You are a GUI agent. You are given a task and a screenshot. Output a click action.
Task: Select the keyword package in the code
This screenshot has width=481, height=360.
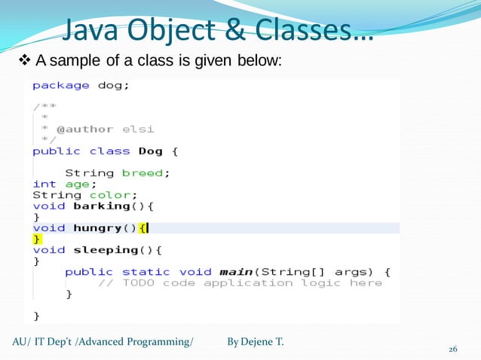(60, 85)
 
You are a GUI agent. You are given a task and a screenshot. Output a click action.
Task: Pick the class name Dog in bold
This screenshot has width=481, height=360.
(151, 151)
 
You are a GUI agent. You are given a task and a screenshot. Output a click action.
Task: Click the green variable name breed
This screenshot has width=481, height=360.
(142, 172)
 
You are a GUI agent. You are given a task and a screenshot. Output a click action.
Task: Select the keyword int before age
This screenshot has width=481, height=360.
(44, 184)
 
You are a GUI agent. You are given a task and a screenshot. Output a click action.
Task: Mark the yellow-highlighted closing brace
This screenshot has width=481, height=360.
(36, 239)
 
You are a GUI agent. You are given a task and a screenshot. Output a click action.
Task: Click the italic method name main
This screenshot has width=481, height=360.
(235, 271)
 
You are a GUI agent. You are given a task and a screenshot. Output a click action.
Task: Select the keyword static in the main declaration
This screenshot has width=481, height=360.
(146, 271)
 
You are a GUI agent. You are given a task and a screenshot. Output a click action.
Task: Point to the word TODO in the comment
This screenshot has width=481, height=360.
(138, 282)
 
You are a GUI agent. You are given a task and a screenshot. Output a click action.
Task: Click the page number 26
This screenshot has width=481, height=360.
(453, 349)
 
